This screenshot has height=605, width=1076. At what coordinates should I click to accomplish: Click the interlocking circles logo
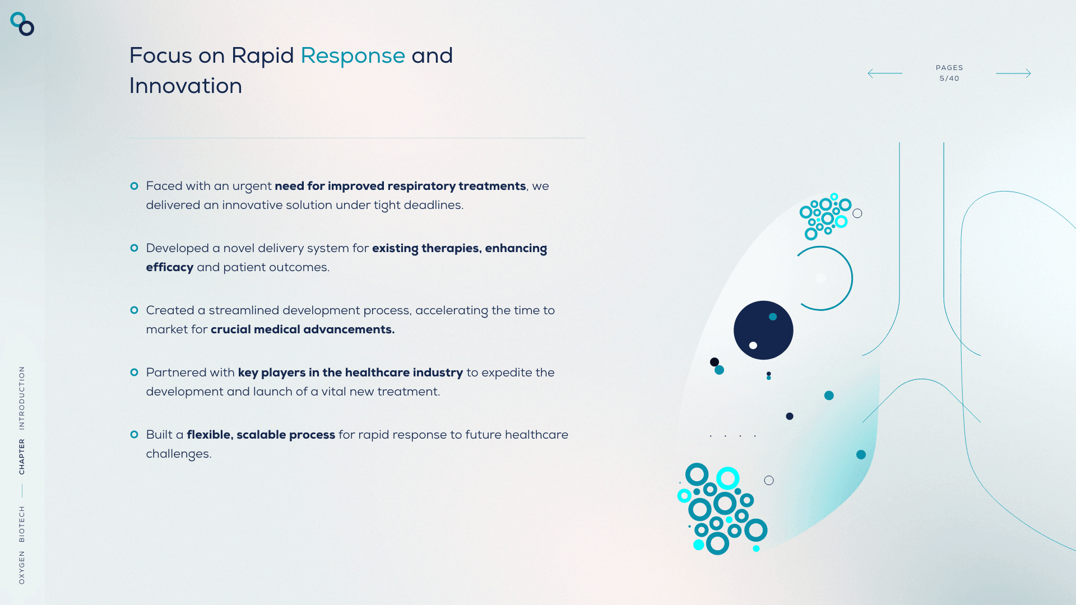pyautogui.click(x=22, y=24)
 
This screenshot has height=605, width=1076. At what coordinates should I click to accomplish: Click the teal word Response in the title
pyautogui.click(x=353, y=56)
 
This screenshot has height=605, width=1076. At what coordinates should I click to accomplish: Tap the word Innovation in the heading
pyautogui.click(x=185, y=86)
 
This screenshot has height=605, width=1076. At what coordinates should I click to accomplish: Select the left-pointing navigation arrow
pyautogui.click(x=885, y=73)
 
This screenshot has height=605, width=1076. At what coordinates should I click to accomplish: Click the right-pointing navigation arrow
pyautogui.click(x=1013, y=73)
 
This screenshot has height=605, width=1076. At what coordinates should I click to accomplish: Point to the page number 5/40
pyautogui.click(x=949, y=78)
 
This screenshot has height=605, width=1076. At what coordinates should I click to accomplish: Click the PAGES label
pyautogui.click(x=949, y=68)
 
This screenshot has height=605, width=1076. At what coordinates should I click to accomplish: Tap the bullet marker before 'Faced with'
pyautogui.click(x=134, y=186)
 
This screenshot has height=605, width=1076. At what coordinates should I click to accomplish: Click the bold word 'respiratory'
pyautogui.click(x=421, y=187)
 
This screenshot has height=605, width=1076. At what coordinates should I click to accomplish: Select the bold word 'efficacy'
pyautogui.click(x=170, y=268)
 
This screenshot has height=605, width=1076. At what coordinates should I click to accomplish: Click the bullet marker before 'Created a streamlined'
pyautogui.click(x=134, y=310)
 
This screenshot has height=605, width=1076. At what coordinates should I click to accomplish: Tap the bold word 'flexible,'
pyautogui.click(x=210, y=435)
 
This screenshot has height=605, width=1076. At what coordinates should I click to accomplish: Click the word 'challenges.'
pyautogui.click(x=179, y=454)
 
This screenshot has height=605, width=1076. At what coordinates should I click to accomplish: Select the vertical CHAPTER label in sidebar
pyautogui.click(x=22, y=457)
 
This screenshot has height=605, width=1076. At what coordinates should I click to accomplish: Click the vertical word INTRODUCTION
pyautogui.click(x=22, y=398)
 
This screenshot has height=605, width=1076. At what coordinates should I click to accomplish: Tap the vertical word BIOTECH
pyautogui.click(x=22, y=524)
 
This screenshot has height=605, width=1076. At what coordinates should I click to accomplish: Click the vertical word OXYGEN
pyautogui.click(x=22, y=567)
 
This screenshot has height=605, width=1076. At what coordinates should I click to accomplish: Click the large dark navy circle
pyautogui.click(x=763, y=331)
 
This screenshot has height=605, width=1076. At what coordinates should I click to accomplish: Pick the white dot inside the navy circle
pyautogui.click(x=753, y=346)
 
